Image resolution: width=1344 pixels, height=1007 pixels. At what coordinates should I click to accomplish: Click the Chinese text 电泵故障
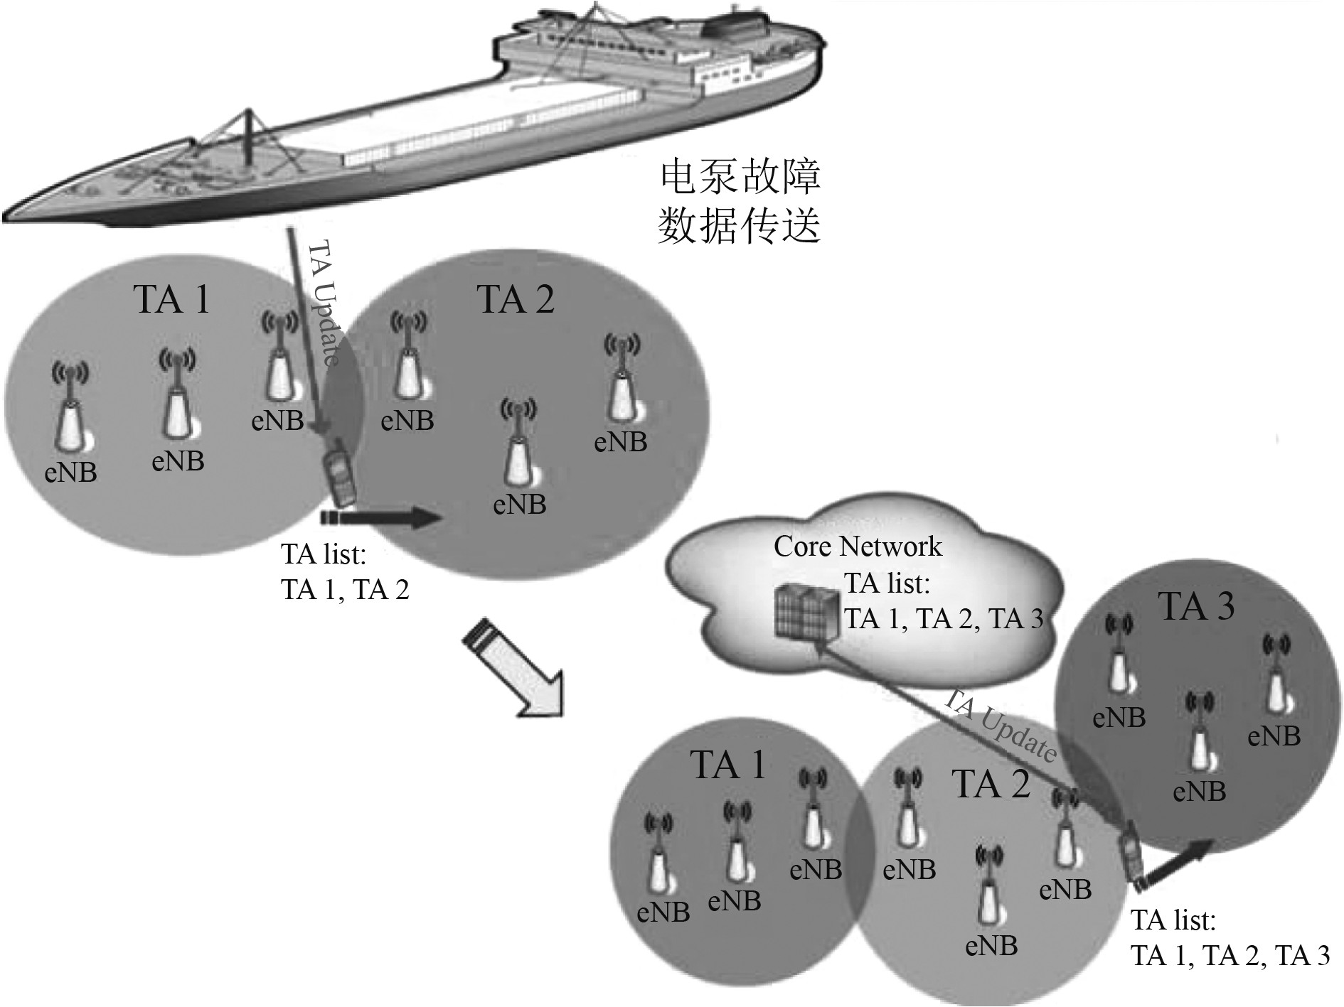coord(740,177)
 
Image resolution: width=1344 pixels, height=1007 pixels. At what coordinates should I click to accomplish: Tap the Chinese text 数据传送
coord(740,226)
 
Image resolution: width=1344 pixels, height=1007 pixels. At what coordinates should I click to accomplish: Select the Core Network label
coord(858,546)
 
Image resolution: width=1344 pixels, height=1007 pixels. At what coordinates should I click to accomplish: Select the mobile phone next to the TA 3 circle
coord(1131,857)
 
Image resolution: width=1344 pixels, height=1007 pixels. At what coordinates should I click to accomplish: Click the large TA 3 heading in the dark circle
coord(1197,605)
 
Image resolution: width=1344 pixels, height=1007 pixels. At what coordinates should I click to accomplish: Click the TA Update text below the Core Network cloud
coord(1000,726)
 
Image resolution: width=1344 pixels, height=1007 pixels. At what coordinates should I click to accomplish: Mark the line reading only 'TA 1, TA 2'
coord(346,591)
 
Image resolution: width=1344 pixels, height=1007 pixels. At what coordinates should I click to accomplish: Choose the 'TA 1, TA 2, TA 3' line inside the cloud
coord(944,618)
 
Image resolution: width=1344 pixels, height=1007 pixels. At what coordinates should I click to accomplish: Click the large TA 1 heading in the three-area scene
coord(728,765)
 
